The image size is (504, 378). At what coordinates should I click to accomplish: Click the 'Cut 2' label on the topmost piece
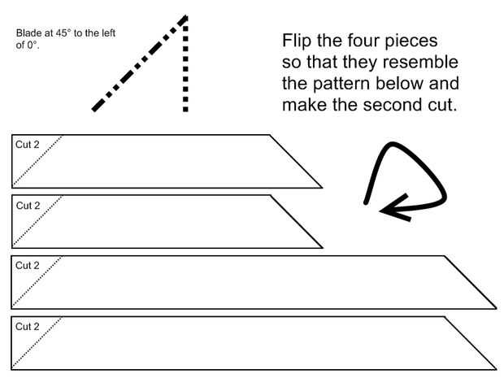tap(27, 145)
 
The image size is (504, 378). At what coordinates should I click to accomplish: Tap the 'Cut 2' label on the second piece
tap(27, 205)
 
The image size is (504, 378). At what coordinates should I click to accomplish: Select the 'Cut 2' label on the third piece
tap(27, 266)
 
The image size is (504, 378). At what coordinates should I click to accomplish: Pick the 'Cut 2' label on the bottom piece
tap(27, 326)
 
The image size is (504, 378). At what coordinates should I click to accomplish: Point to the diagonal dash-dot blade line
tap(138, 65)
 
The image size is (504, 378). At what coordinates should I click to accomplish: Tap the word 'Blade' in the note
tap(28, 34)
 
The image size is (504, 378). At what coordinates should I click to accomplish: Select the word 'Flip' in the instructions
tap(298, 41)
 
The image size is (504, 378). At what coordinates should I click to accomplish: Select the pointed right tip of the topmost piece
tap(321, 187)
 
